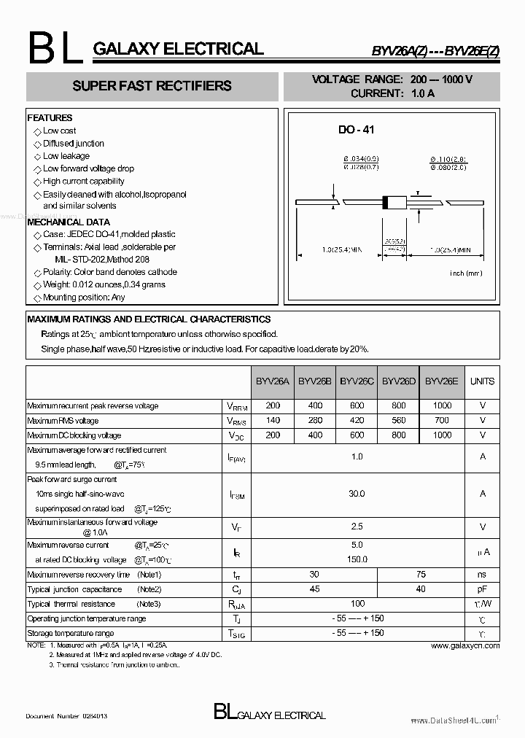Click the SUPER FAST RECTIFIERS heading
click(x=152, y=86)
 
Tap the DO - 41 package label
click(x=356, y=130)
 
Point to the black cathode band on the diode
click(x=386, y=202)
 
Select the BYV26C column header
click(x=357, y=381)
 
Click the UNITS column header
click(x=482, y=381)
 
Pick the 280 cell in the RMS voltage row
click(x=315, y=421)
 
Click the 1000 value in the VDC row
click(x=442, y=435)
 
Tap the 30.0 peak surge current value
click(x=357, y=494)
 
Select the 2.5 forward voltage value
click(x=357, y=527)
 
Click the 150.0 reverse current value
click(x=357, y=559)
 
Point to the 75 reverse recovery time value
click(x=420, y=575)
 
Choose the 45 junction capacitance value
click(x=315, y=589)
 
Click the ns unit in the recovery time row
click(x=482, y=575)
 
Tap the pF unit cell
click(x=482, y=589)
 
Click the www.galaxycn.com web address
click(x=465, y=645)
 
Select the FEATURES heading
click(x=50, y=117)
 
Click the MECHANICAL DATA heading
click(x=69, y=222)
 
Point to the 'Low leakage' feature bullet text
click(x=66, y=156)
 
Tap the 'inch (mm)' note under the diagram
click(x=466, y=273)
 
